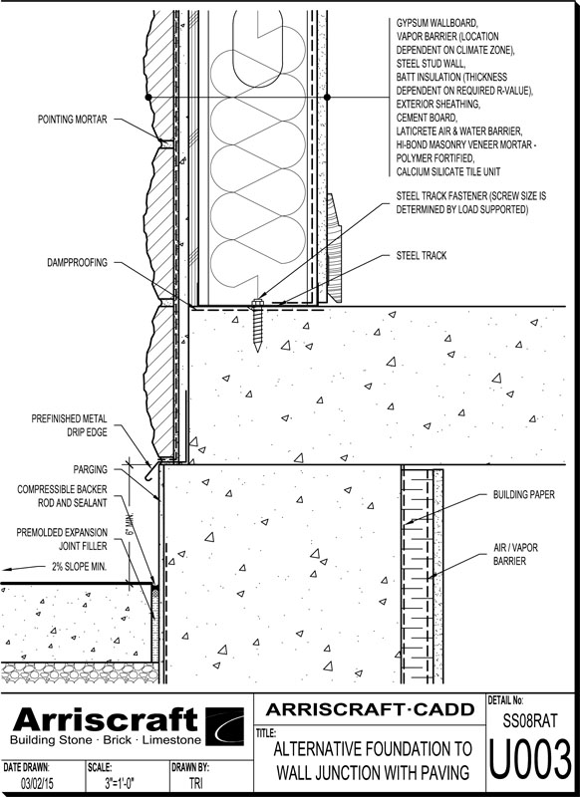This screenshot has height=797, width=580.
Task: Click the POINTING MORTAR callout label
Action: pyautogui.click(x=72, y=120)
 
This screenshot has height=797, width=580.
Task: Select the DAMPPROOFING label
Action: pyautogui.click(x=78, y=263)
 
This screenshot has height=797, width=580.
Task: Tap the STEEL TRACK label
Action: pyautogui.click(x=422, y=256)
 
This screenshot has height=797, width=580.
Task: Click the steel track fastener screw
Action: pyautogui.click(x=258, y=326)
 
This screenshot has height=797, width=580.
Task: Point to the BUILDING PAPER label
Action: pyautogui.click(x=523, y=494)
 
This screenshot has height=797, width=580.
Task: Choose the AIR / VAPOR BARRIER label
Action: pyautogui.click(x=515, y=554)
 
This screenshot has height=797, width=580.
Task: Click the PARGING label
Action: pyautogui.click(x=90, y=469)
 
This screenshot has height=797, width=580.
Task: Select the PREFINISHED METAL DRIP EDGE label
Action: pyautogui.click(x=69, y=425)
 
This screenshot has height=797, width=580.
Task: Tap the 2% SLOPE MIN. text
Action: pyautogui.click(x=80, y=566)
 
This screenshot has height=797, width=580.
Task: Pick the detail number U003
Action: pyautogui.click(x=530, y=760)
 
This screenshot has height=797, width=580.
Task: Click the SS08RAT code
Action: pyautogui.click(x=530, y=720)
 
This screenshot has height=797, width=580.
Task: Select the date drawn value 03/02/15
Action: pyautogui.click(x=35, y=783)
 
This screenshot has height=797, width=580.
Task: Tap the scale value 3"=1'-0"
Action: pyautogui.click(x=120, y=783)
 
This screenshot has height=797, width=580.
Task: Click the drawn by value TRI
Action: pyautogui.click(x=195, y=783)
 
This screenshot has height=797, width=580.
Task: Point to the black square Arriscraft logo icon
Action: pyautogui.click(x=224, y=726)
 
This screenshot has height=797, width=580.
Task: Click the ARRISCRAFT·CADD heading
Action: pyautogui.click(x=370, y=709)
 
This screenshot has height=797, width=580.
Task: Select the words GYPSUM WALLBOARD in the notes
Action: pyautogui.click(x=436, y=23)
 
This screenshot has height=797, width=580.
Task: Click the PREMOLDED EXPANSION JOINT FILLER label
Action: pyautogui.click(x=62, y=539)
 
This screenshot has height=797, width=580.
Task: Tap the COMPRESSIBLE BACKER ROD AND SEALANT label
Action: pyautogui.click(x=62, y=496)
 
